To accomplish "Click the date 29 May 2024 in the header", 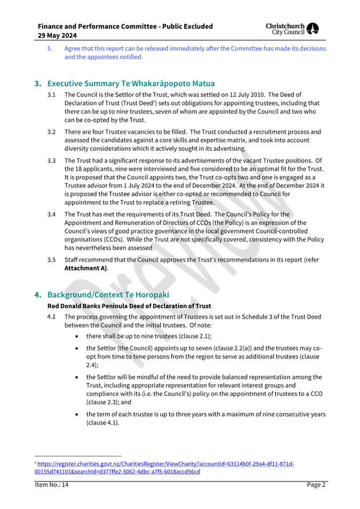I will tap(58, 35).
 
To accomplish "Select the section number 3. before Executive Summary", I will tap(38, 84).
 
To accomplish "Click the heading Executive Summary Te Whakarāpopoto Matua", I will tap(131, 84).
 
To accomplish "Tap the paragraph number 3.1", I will tap(52, 95).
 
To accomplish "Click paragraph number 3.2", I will tap(52, 132).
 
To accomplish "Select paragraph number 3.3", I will tap(52, 160).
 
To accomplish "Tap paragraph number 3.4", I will tap(52, 214).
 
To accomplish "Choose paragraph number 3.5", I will tap(52, 260).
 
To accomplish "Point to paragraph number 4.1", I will tap(52, 316).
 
